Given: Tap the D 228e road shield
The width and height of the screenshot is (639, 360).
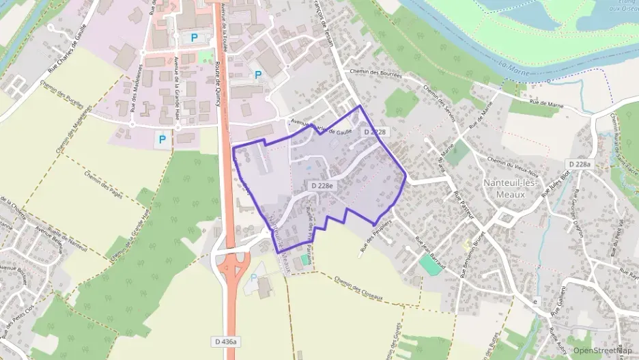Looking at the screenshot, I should pos(322,186).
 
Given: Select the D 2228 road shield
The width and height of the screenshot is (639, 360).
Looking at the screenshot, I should pos(375,132).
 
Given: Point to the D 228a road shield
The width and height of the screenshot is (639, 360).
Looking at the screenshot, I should pos(580,164).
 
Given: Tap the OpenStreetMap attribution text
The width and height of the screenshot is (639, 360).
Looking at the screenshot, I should pos(603,350).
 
